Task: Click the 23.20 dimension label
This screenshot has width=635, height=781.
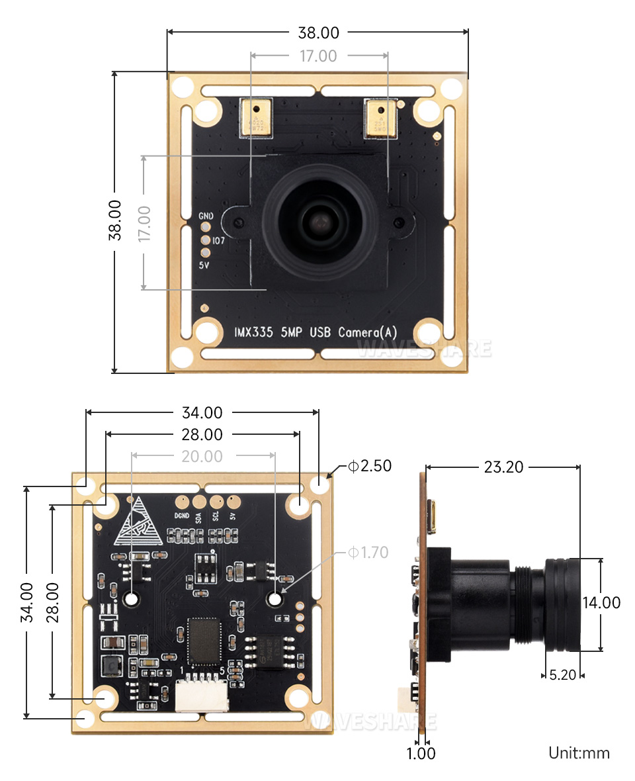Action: click(x=503, y=467)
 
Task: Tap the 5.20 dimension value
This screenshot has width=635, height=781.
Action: click(x=564, y=675)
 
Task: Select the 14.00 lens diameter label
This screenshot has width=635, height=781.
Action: click(x=601, y=602)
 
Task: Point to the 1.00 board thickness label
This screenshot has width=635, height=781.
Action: click(x=421, y=753)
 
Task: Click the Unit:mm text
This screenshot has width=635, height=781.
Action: click(x=579, y=753)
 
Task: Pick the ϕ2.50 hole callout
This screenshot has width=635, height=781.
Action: click(x=370, y=466)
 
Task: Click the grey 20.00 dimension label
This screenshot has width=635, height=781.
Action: click(x=202, y=456)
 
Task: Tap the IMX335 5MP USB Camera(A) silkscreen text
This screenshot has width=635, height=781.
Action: click(x=316, y=332)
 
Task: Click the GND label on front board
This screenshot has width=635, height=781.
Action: click(x=206, y=216)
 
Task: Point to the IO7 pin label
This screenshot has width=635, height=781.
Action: click(x=219, y=241)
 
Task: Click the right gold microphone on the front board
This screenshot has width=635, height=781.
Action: click(x=382, y=118)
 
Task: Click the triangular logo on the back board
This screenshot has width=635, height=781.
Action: click(x=138, y=522)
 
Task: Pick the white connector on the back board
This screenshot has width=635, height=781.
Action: click(x=202, y=694)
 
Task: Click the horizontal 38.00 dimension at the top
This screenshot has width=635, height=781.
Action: click(x=318, y=32)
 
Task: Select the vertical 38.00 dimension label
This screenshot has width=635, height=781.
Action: click(x=114, y=220)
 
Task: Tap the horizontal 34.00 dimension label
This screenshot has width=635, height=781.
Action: click(x=202, y=412)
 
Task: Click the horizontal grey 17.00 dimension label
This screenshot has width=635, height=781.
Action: click(x=318, y=56)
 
